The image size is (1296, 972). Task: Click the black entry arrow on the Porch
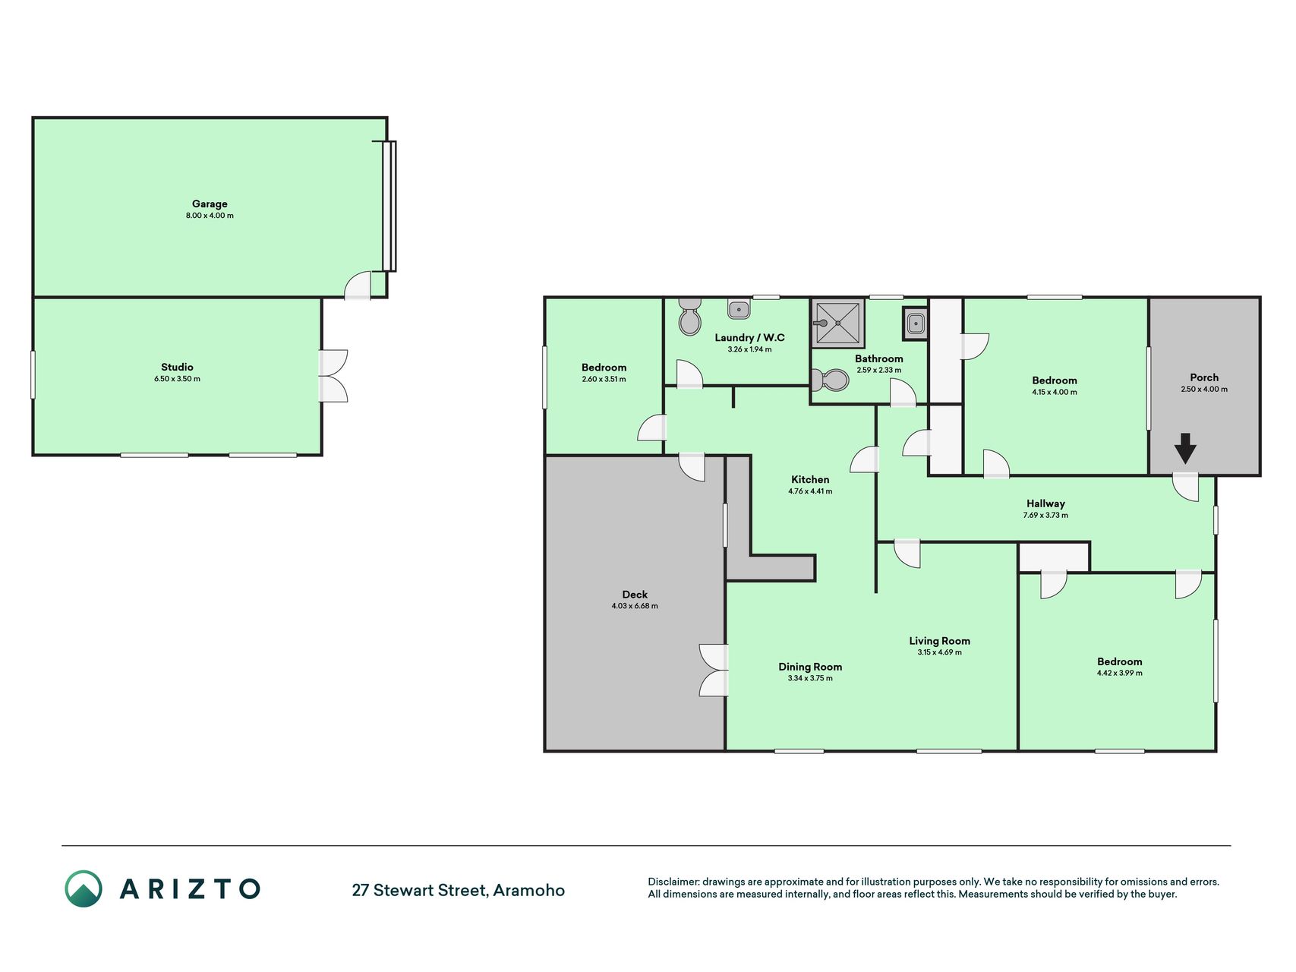tap(1185, 448)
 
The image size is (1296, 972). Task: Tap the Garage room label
tap(210, 204)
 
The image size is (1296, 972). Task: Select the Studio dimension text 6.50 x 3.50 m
tap(177, 379)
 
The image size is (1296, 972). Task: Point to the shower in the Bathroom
tap(838, 323)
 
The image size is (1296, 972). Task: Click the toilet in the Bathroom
tap(829, 379)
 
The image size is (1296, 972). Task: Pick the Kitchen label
tap(810, 479)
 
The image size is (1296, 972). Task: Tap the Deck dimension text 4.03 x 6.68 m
tap(635, 606)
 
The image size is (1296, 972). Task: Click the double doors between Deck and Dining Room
tap(714, 670)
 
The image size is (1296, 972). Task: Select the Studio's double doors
tap(333, 376)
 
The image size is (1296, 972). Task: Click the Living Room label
tap(939, 641)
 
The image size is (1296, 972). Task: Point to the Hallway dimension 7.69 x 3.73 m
tap(1045, 515)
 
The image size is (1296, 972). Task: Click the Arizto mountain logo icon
tap(84, 888)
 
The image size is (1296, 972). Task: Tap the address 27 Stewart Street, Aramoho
tap(458, 890)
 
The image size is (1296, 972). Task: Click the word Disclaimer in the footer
tap(673, 882)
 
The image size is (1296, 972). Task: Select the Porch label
tap(1204, 377)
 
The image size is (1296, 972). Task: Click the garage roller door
tap(389, 206)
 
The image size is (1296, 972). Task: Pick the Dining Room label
tap(810, 667)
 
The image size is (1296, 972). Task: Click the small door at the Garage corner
tap(358, 286)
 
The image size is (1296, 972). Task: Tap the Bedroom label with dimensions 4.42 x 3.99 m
tap(1119, 661)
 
